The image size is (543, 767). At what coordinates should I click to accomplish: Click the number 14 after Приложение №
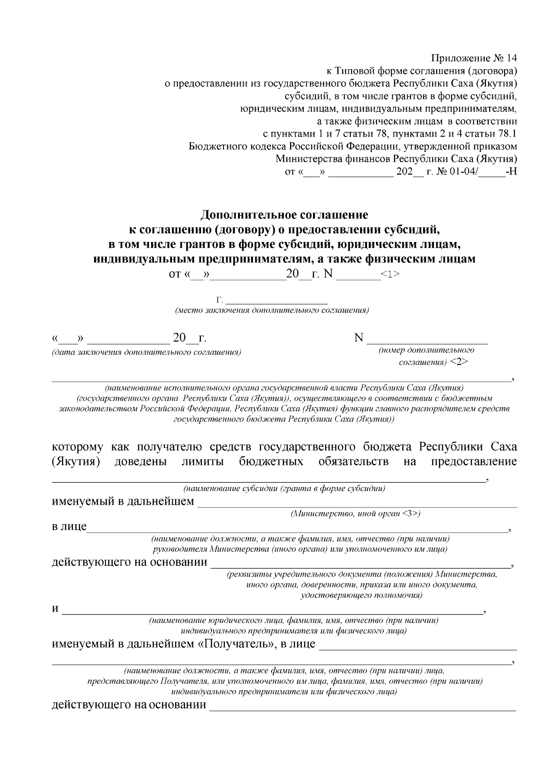[x=511, y=58]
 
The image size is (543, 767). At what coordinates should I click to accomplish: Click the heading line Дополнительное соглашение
[x=285, y=214]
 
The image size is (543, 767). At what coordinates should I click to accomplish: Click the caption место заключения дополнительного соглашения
[x=272, y=311]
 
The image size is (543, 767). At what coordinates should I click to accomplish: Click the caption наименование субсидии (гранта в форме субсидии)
[x=284, y=488]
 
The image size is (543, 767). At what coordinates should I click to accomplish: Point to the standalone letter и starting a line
[x=55, y=608]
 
